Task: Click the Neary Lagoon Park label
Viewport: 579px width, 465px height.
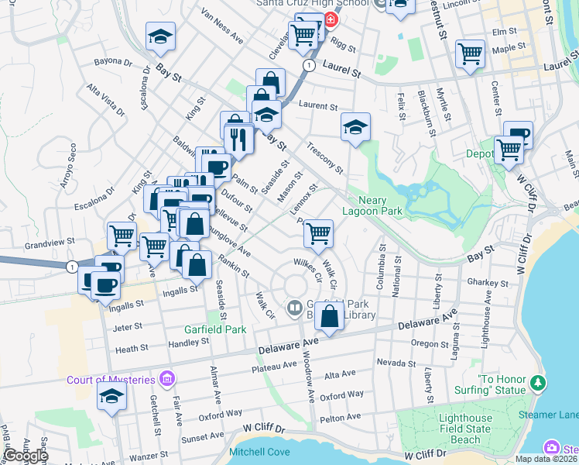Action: coord(369,205)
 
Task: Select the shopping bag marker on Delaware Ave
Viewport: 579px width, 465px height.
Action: coord(330,316)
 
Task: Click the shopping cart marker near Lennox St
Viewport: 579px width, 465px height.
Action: coord(317,232)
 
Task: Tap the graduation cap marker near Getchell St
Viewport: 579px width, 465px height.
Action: coord(111,396)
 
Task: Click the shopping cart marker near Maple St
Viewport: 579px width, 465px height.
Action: coord(470,53)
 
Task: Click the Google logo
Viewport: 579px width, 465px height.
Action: coord(26,456)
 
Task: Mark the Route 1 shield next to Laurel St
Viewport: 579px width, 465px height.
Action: coord(309,65)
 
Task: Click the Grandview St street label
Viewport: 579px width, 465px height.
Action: coord(49,243)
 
